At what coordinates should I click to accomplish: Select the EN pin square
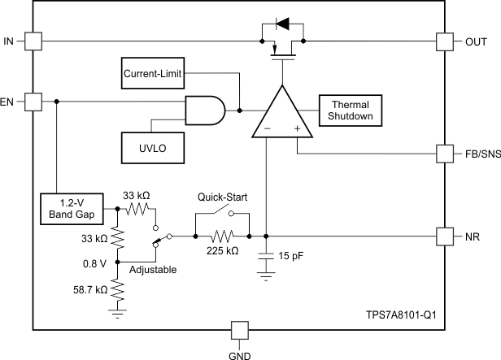(33, 102)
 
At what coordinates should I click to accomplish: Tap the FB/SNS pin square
(445, 153)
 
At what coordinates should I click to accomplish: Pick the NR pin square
(445, 236)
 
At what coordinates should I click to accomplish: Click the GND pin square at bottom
(239, 330)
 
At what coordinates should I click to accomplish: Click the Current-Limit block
(152, 75)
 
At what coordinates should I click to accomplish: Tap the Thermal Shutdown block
(349, 111)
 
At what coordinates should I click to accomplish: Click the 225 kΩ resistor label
(223, 252)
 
